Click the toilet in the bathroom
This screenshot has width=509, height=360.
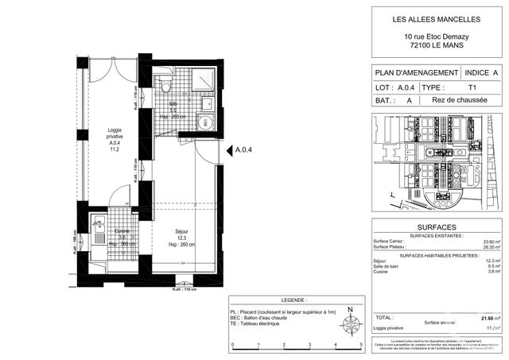(165, 85)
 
